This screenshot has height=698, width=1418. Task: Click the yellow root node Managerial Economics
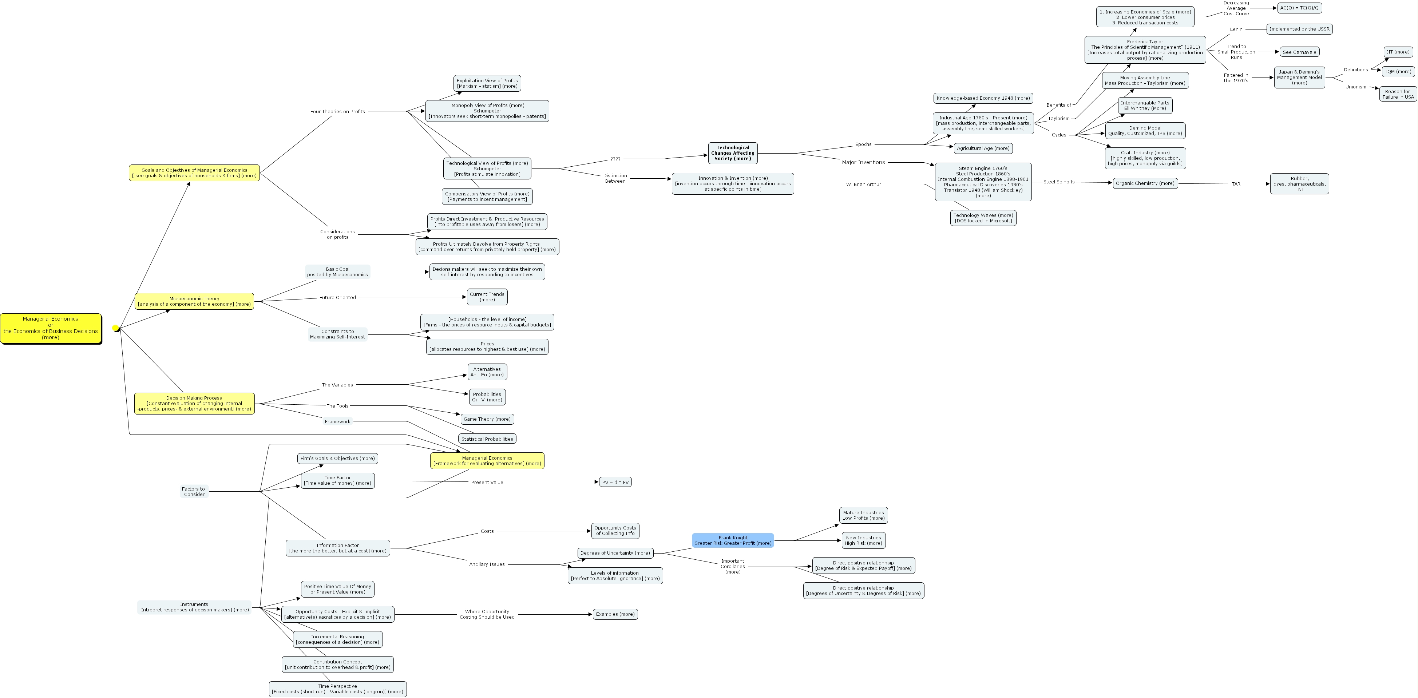[x=51, y=328]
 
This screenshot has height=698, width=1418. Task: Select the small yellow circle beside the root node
[x=116, y=329]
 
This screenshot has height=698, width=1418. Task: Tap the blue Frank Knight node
[x=732, y=540]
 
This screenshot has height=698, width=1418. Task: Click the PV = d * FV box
[x=615, y=482]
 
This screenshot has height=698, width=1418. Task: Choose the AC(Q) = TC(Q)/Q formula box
[x=1299, y=8]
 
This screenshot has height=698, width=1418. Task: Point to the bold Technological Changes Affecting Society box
[x=732, y=153]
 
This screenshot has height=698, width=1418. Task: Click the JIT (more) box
[x=1398, y=52]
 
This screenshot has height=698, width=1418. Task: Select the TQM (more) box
[x=1398, y=72]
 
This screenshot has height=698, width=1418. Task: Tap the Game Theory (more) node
[x=487, y=419]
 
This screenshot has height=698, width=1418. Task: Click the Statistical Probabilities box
[x=487, y=439]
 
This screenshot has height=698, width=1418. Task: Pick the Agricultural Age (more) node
[x=983, y=148]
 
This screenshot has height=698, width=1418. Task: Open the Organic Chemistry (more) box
[x=1145, y=183]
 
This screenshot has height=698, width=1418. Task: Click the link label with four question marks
[x=615, y=159]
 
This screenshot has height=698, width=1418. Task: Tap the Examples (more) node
[x=615, y=614]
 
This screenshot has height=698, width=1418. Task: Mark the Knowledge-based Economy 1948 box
[x=983, y=98]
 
